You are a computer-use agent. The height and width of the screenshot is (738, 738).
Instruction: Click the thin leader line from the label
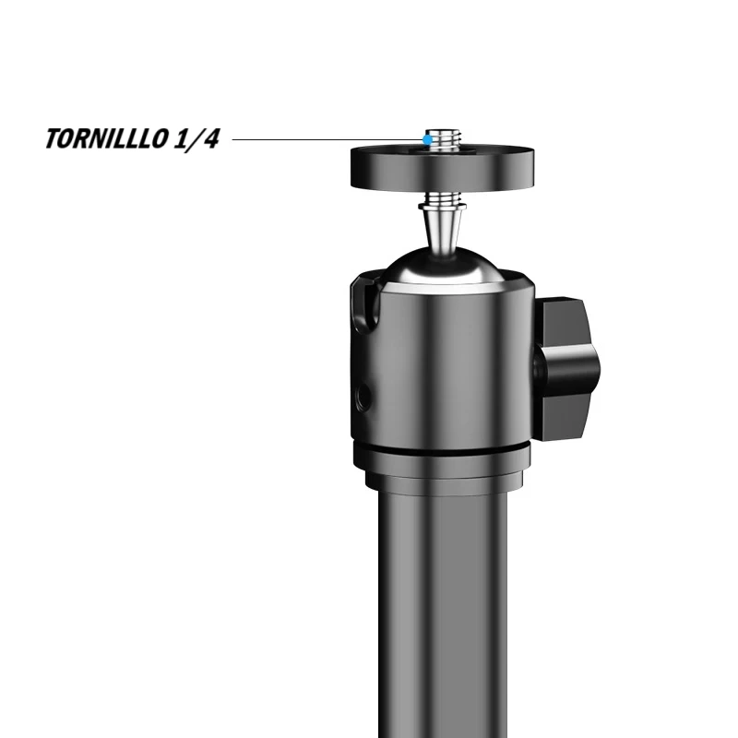(x=323, y=140)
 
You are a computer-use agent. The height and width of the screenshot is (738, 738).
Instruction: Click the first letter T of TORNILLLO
(x=54, y=141)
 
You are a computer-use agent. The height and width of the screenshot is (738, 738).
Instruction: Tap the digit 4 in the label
(x=211, y=141)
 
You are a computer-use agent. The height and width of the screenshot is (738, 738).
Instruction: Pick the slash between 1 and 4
(x=196, y=141)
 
